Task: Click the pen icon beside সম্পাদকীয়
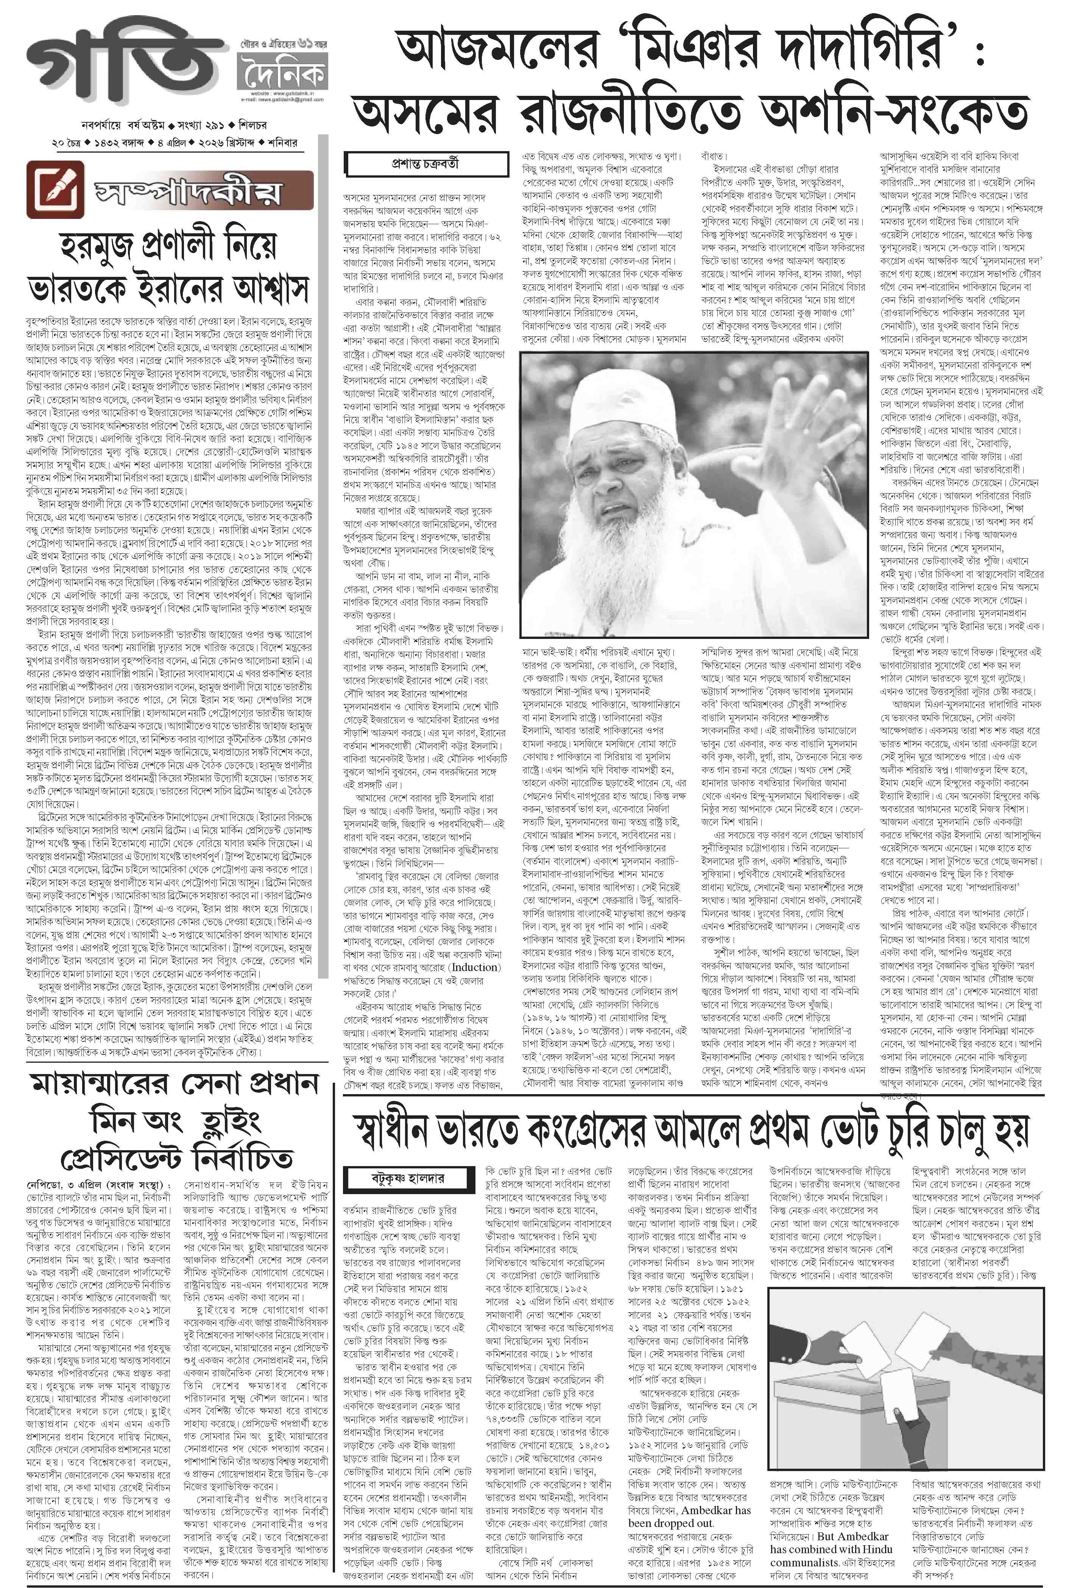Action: pyautogui.click(x=55, y=187)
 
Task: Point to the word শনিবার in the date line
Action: pyautogui.click(x=282, y=143)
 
